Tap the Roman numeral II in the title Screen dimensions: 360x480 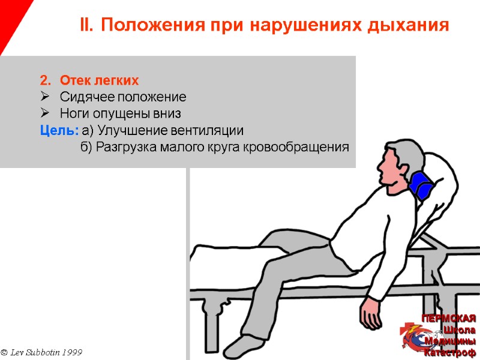tap(87, 25)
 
